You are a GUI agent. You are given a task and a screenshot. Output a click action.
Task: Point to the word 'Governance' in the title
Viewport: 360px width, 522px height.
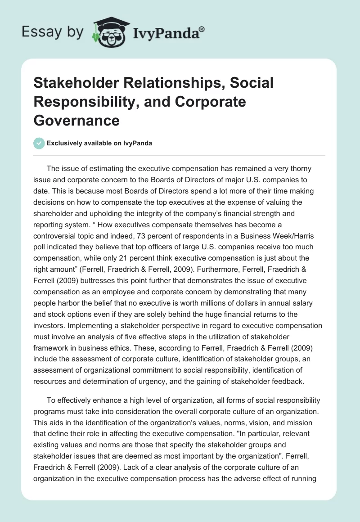point(76,120)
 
